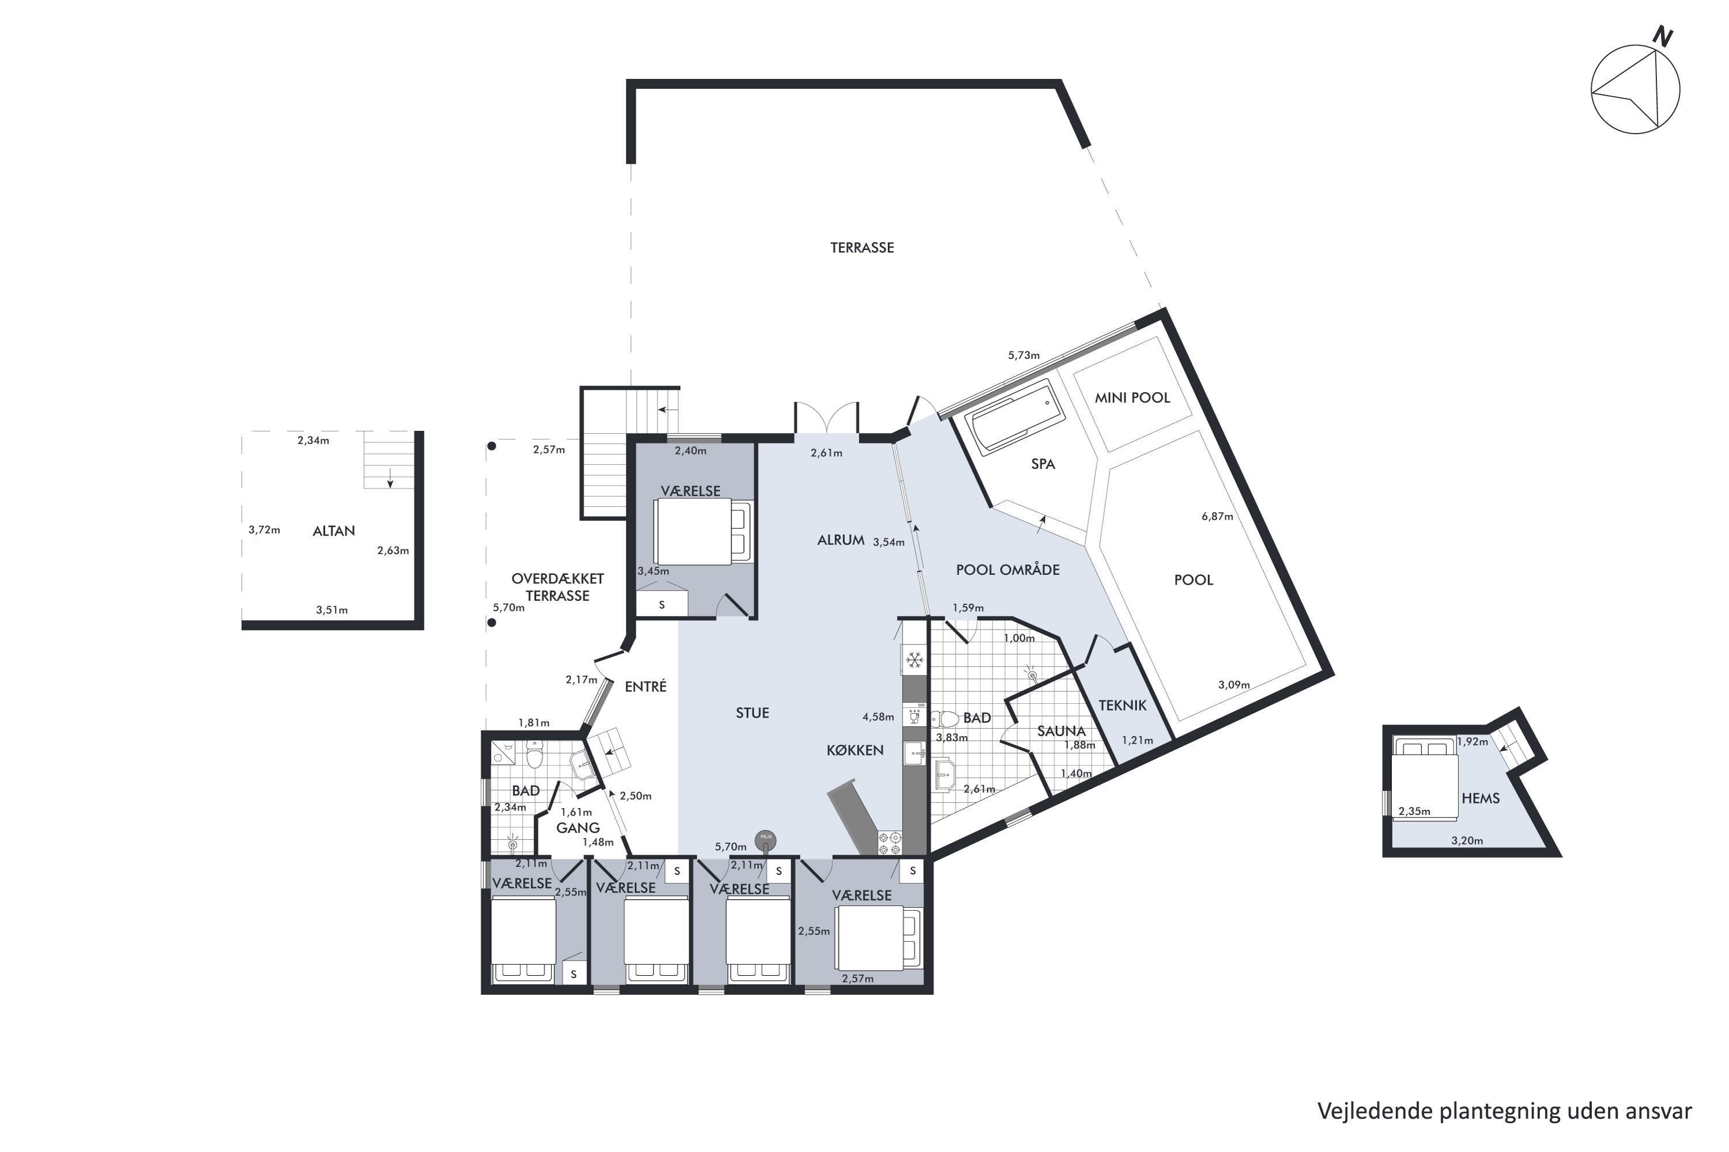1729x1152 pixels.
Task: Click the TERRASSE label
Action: tap(862, 248)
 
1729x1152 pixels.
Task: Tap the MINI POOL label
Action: tap(1132, 398)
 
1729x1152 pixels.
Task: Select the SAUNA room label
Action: tap(1062, 731)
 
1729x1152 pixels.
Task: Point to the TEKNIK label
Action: tap(1123, 705)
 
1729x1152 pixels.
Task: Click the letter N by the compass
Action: tap(1662, 36)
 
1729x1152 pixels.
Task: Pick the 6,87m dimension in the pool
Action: tap(1217, 517)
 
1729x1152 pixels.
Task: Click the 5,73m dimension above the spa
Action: tap(1024, 355)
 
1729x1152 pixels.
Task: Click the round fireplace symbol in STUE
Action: tap(765, 840)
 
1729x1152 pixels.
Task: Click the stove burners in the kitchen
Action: tap(890, 843)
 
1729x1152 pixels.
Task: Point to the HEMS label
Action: tap(1481, 798)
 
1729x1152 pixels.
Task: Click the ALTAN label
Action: tap(334, 531)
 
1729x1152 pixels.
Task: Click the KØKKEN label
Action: tap(855, 750)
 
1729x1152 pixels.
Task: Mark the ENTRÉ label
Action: tap(645, 686)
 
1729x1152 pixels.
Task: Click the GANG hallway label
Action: tap(578, 828)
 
